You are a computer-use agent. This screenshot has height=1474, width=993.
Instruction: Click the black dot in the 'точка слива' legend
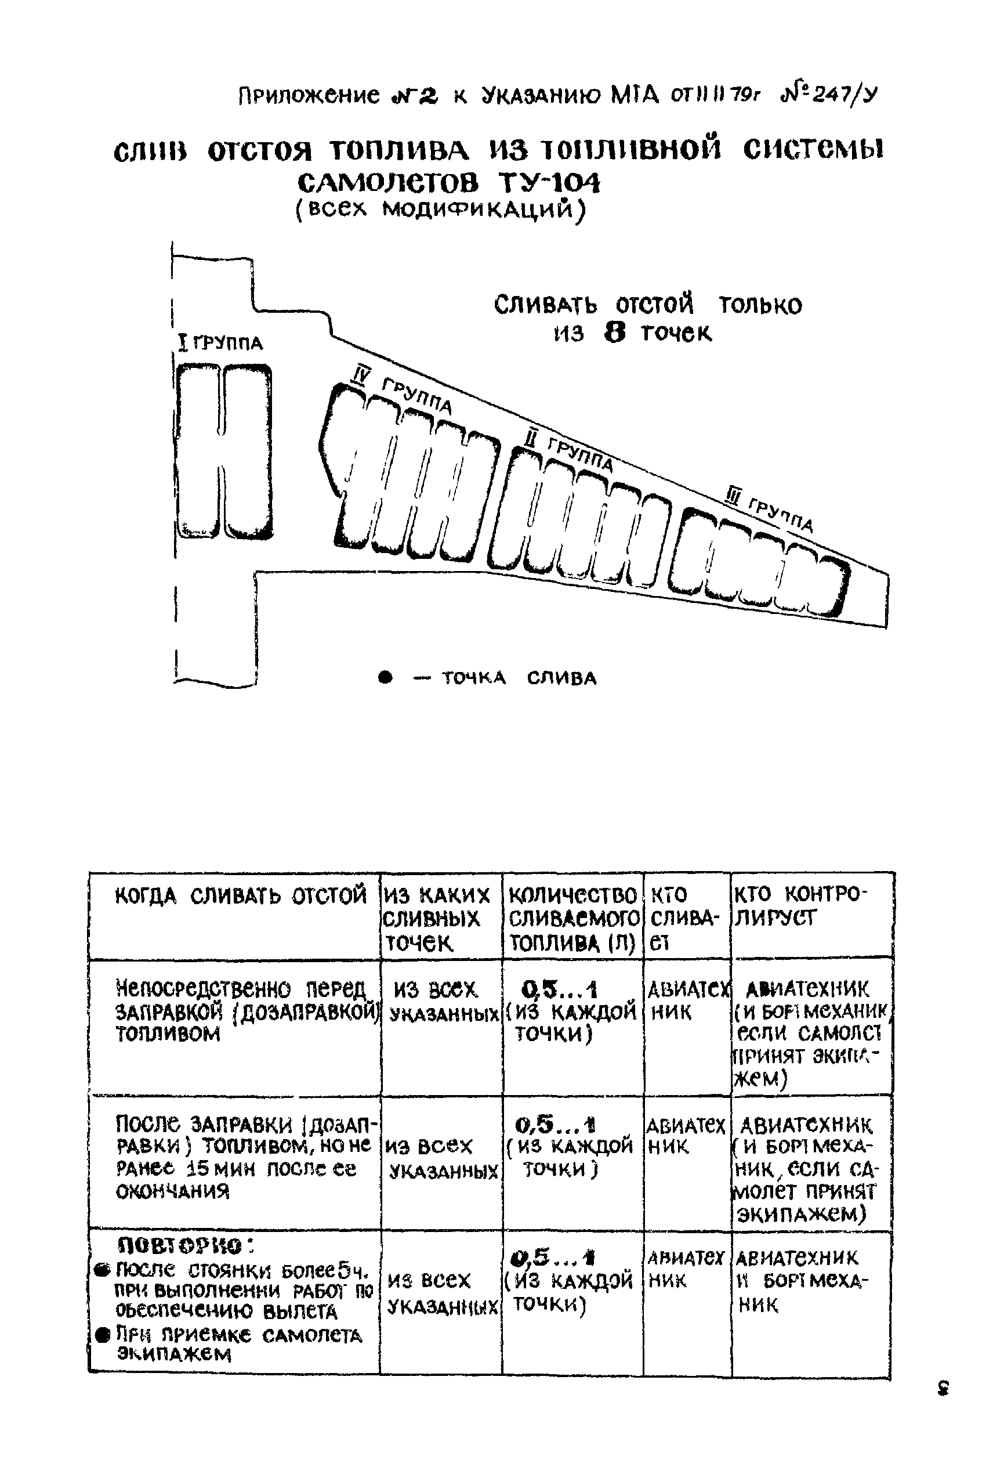(385, 678)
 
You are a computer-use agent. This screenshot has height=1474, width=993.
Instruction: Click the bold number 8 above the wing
(614, 333)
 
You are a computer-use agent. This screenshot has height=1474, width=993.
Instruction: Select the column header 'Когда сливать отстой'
(241, 895)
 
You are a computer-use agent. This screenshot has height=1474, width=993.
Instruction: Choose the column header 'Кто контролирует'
(798, 906)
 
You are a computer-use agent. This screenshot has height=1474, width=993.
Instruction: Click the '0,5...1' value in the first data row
(559, 989)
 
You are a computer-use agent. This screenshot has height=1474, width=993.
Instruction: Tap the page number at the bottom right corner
(943, 1386)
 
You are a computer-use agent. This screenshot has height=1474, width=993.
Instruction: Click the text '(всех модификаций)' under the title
(441, 209)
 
